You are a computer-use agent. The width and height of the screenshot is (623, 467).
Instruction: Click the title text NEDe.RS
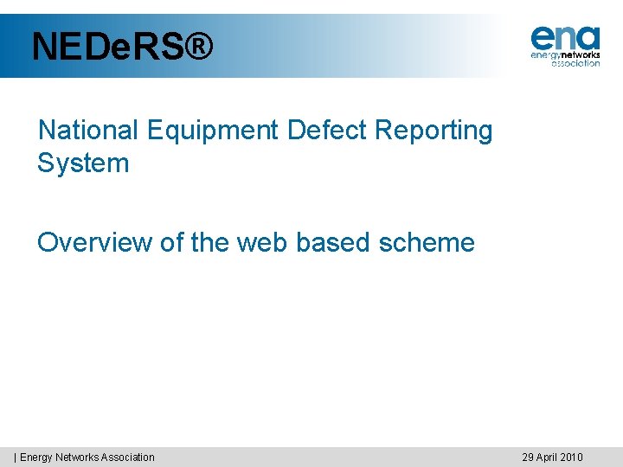tap(107, 47)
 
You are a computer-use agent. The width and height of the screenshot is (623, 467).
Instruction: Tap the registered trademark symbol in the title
tap(198, 47)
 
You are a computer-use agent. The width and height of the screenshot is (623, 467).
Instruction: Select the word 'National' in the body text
tap(87, 131)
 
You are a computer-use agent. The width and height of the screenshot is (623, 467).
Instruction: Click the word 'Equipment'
tap(214, 131)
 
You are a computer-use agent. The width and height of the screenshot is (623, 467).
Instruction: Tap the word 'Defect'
tap(327, 131)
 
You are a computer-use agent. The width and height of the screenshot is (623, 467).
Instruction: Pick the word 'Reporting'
tap(434, 131)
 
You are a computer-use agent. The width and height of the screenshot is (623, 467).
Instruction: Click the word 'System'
tap(83, 163)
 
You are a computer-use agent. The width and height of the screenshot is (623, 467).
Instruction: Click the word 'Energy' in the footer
tap(36, 457)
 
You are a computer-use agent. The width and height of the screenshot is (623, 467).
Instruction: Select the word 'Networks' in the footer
tap(77, 457)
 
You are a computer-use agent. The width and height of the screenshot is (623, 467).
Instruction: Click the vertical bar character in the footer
tap(15, 457)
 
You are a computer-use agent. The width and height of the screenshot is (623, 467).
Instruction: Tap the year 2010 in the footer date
tap(572, 457)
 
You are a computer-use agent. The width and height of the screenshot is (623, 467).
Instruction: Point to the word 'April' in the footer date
tap(546, 457)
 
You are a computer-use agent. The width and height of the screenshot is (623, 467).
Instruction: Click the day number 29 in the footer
tap(527, 457)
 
